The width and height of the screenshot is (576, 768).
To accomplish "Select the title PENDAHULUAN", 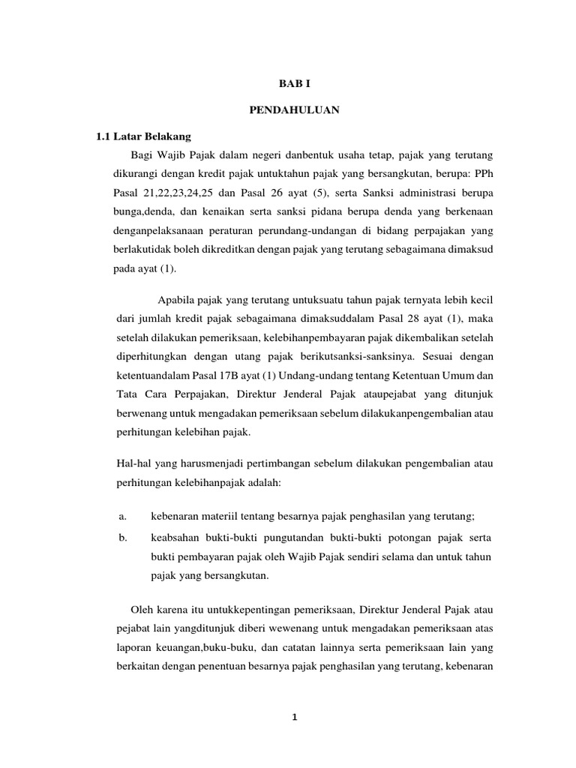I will [x=295, y=111].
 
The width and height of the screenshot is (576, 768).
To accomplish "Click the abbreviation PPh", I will [x=481, y=174].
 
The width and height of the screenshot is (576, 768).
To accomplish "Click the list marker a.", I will [x=121, y=517].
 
